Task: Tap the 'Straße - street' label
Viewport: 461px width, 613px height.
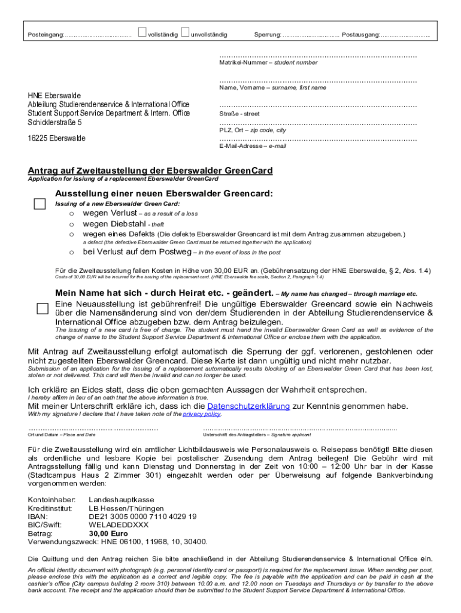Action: (x=239, y=113)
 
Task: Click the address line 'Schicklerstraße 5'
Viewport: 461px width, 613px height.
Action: (x=55, y=122)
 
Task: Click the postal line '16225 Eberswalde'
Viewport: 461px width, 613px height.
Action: (x=57, y=138)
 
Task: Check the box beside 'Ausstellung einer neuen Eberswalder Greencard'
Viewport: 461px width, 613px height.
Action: (x=40, y=204)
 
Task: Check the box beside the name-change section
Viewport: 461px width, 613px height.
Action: (x=42, y=308)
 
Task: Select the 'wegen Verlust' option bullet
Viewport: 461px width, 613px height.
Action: (x=71, y=214)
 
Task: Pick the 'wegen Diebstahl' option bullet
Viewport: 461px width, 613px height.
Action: (x=71, y=224)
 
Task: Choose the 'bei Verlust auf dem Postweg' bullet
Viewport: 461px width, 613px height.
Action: (x=71, y=252)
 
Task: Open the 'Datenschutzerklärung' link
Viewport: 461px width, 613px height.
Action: (x=248, y=406)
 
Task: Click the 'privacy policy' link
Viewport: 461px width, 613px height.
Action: (x=201, y=414)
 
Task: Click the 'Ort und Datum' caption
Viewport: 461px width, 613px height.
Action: (x=62, y=435)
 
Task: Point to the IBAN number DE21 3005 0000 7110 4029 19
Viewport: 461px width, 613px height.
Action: (x=142, y=516)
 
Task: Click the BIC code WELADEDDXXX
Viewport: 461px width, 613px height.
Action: (x=119, y=525)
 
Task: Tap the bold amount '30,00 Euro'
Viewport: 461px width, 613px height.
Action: (x=108, y=533)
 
